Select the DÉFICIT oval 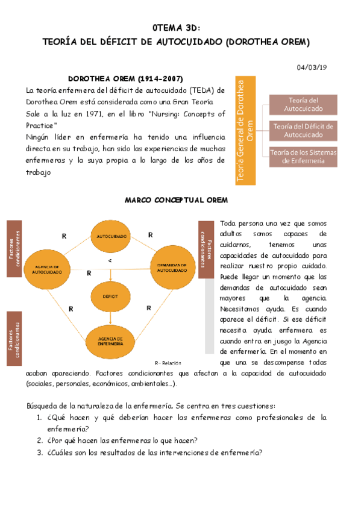pyautogui.click(x=110, y=296)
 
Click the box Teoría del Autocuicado pyautogui.click(x=303, y=104)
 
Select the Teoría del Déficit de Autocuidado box pyautogui.click(x=303, y=130)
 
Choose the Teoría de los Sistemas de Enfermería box pyautogui.click(x=303, y=157)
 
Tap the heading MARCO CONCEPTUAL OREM pyautogui.click(x=175, y=199)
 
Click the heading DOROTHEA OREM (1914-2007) pyautogui.click(x=125, y=79)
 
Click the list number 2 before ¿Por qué pyautogui.click(x=39, y=440)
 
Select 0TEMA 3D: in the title pyautogui.click(x=176, y=28)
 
